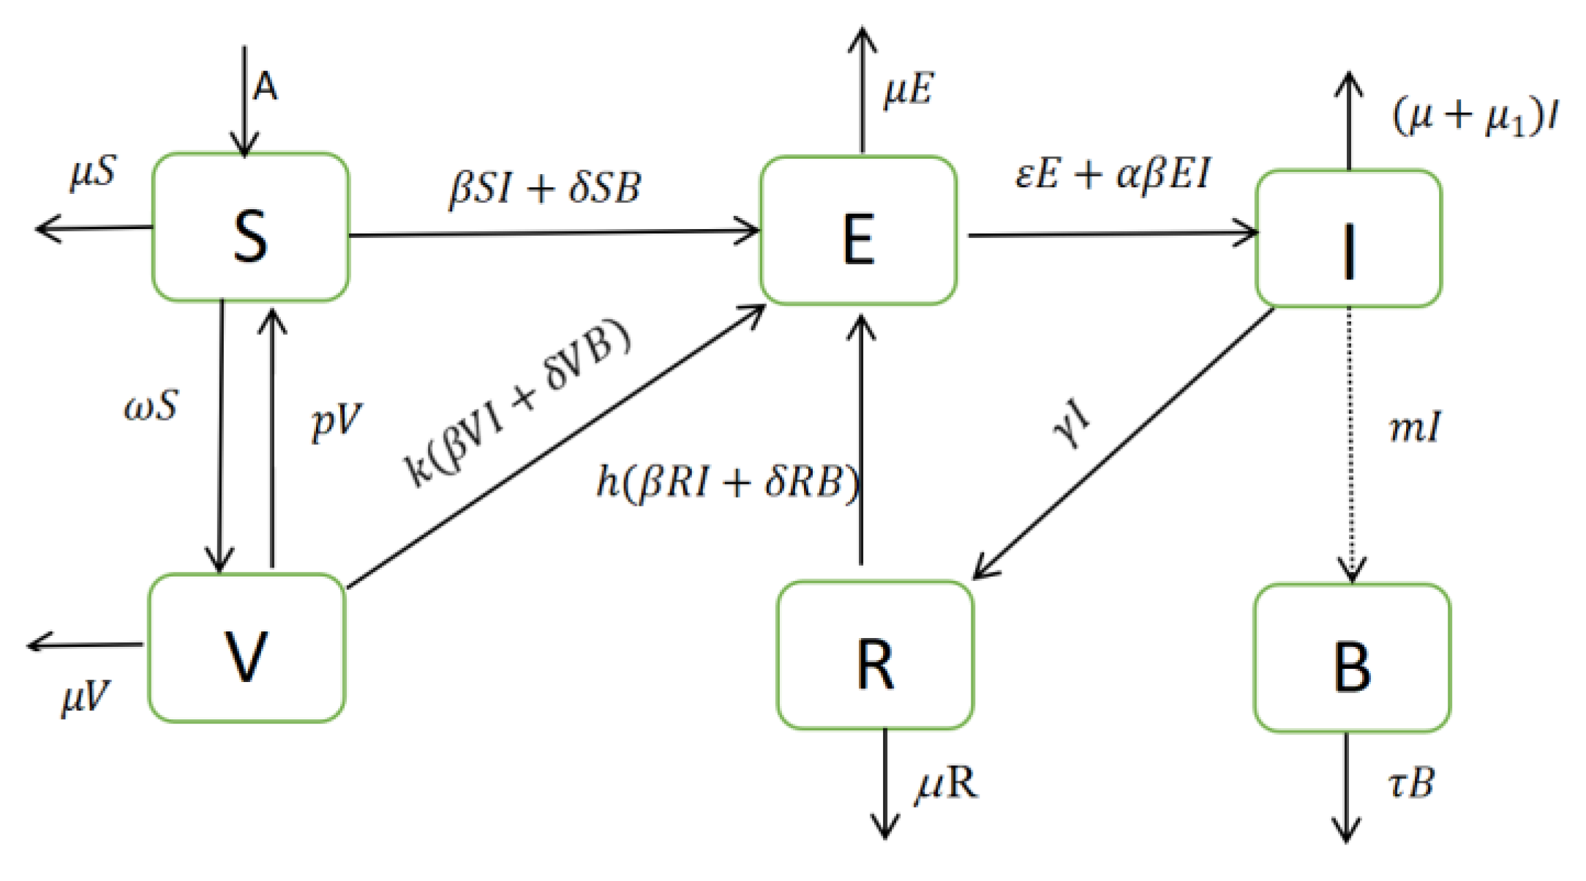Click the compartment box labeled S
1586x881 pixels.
(x=250, y=228)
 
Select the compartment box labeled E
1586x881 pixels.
(x=858, y=230)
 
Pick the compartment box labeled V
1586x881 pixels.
(x=247, y=648)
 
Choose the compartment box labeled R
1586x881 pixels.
(x=875, y=656)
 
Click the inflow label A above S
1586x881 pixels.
(x=265, y=87)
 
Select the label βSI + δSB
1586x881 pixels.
(x=545, y=187)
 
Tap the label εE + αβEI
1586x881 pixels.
(x=1113, y=174)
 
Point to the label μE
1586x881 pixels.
(x=909, y=90)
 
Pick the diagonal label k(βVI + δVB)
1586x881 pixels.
(x=516, y=403)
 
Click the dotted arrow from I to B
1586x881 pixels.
(x=1350, y=446)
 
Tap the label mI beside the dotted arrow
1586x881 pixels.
(x=1415, y=427)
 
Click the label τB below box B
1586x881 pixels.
(x=1410, y=784)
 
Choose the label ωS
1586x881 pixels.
(x=151, y=405)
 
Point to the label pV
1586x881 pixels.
(x=336, y=422)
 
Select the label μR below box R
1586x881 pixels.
(x=945, y=784)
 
